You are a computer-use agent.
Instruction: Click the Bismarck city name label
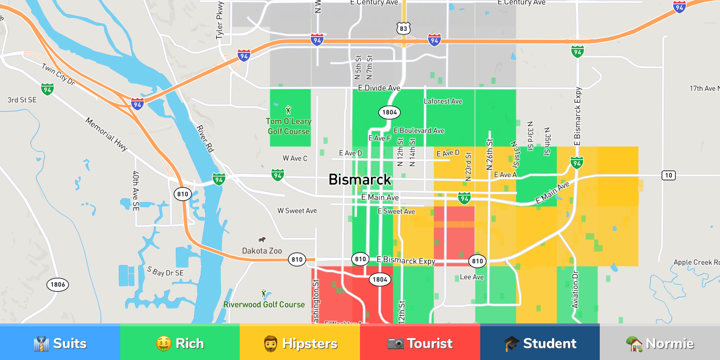(x=359, y=180)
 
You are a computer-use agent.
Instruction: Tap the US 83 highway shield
(x=403, y=28)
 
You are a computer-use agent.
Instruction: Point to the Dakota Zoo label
(x=262, y=251)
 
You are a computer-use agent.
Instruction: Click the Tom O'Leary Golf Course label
(x=289, y=126)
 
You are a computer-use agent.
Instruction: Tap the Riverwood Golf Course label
(x=264, y=304)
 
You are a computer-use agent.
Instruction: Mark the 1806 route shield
(x=58, y=284)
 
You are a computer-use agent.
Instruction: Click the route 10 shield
(x=668, y=175)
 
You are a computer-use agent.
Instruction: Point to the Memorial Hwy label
(x=107, y=134)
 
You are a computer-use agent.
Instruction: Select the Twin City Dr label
(x=58, y=74)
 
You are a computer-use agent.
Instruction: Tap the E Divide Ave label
(x=379, y=88)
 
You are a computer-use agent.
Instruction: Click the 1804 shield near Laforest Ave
(x=390, y=112)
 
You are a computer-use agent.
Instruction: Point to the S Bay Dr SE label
(x=165, y=271)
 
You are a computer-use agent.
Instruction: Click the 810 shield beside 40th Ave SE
(x=183, y=194)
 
